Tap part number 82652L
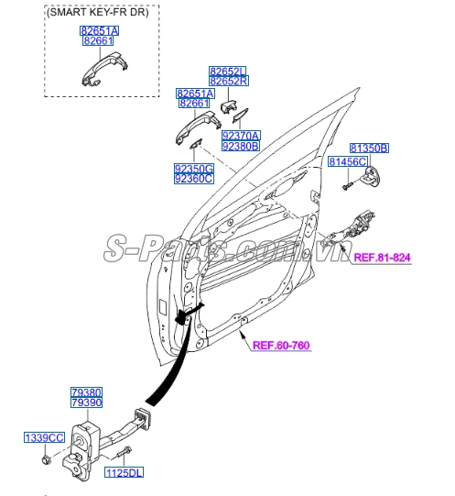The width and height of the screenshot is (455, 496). (x=228, y=71)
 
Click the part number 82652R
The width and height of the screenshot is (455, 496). (x=228, y=82)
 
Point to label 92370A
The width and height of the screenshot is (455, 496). (x=241, y=135)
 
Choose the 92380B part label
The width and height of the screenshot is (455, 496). (x=241, y=146)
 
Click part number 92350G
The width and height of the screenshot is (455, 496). (x=194, y=168)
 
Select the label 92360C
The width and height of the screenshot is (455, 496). (x=194, y=179)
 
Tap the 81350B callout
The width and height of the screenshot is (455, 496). (x=369, y=148)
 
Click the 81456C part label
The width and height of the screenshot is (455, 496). (x=348, y=162)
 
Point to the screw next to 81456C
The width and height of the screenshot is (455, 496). (x=348, y=185)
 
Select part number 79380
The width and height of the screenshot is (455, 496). (x=87, y=391)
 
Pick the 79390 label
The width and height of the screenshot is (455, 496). (x=87, y=402)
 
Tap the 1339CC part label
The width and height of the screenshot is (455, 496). (x=44, y=439)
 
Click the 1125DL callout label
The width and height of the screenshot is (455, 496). (x=123, y=473)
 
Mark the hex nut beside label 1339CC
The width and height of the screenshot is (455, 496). (x=46, y=458)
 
